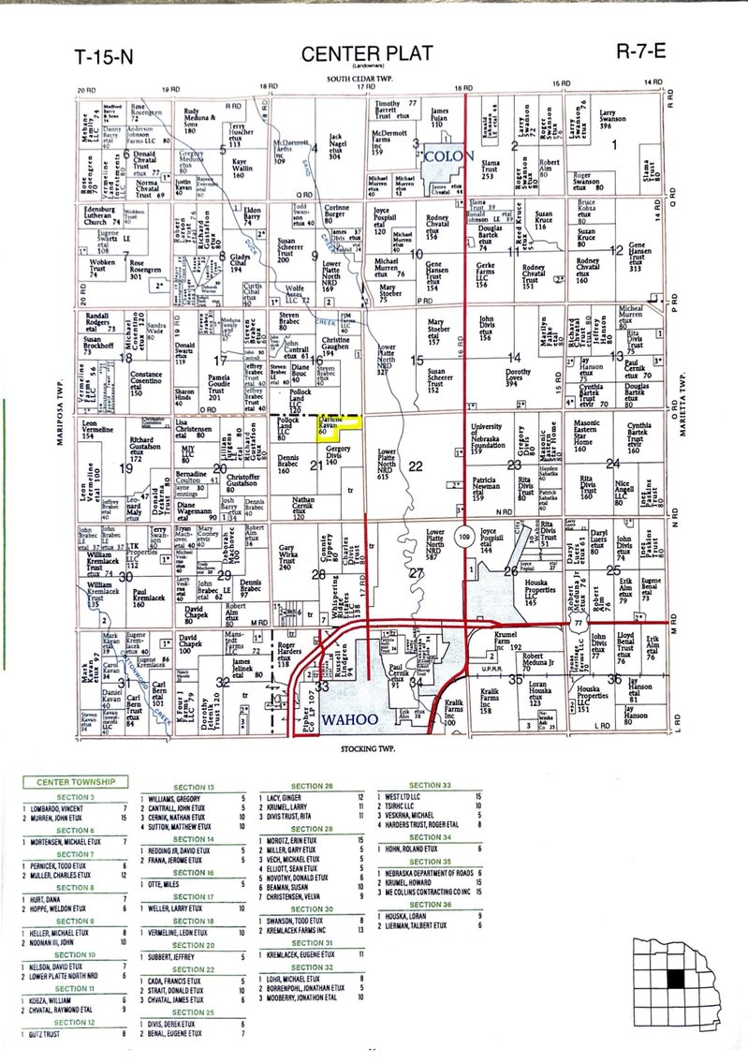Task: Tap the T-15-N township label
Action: [104, 57]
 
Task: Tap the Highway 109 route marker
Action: [464, 537]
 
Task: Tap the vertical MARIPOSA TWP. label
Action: [60, 409]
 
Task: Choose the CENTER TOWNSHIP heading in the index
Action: [76, 781]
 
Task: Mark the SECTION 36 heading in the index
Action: [432, 906]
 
